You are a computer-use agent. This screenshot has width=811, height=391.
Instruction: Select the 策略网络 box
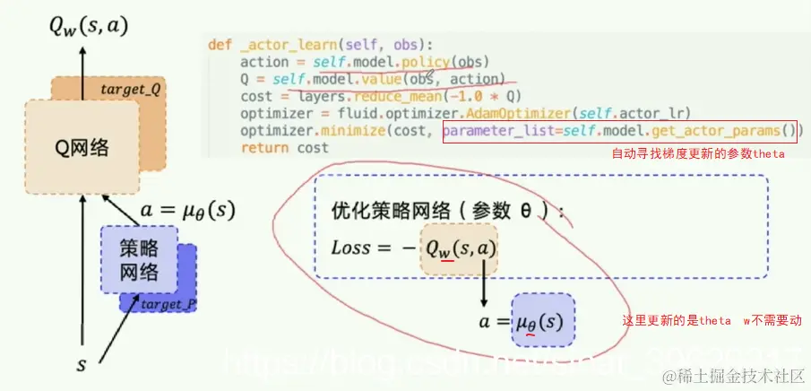138,259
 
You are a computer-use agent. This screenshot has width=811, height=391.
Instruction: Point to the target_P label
168,304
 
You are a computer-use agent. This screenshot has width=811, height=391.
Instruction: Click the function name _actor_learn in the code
282,44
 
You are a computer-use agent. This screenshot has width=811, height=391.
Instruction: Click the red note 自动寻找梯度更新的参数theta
698,154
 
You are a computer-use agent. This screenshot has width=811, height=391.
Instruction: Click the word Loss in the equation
350,248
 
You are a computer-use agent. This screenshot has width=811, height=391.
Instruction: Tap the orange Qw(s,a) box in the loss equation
459,248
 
